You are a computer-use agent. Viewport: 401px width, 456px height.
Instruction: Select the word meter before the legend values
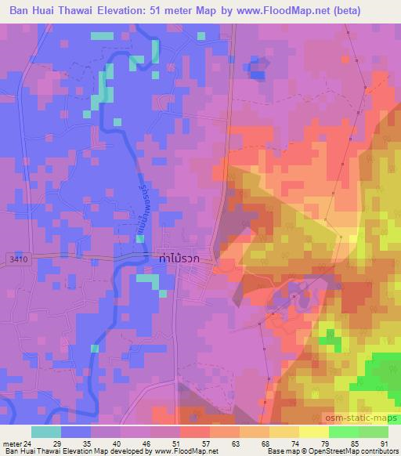(x=11, y=443)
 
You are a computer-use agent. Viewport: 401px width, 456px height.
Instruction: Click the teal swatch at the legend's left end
(x=45, y=432)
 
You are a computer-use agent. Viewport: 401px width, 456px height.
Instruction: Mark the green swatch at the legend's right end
(x=373, y=432)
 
